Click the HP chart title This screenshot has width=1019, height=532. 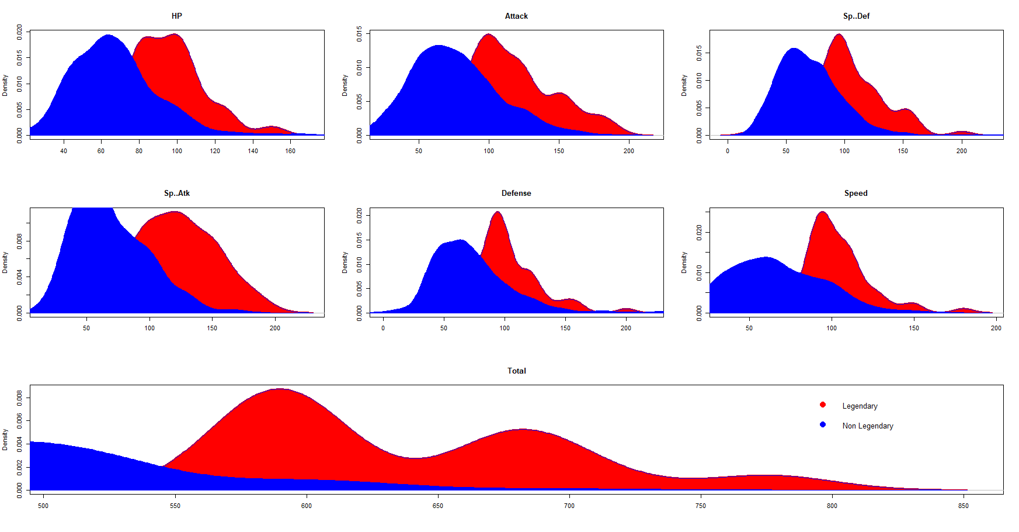[177, 16]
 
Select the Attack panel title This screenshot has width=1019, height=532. [516, 16]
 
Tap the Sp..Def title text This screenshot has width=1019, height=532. [856, 16]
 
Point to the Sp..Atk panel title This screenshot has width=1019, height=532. [177, 193]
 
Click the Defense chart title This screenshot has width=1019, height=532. [516, 193]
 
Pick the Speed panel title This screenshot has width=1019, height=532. [856, 193]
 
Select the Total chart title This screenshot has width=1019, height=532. [516, 371]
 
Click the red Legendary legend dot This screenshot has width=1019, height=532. [823, 405]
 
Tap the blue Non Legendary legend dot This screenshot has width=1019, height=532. [823, 424]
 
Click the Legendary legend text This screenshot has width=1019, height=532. [860, 406]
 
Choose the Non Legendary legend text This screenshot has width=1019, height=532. [868, 426]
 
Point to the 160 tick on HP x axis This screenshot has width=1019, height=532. [290, 151]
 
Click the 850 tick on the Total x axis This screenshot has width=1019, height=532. [964, 506]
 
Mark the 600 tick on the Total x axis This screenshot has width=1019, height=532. [307, 506]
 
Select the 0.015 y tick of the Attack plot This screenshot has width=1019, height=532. [359, 34]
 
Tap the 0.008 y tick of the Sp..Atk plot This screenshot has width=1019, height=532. [19, 241]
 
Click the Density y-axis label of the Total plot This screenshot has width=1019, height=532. [5, 439]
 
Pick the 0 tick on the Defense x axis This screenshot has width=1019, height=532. [383, 328]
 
